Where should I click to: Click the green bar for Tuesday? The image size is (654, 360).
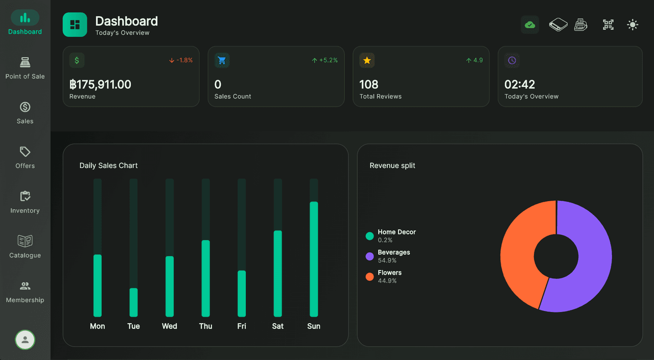[133, 302]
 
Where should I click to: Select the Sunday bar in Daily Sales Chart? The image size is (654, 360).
[314, 259]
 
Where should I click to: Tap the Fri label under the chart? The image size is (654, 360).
[242, 326]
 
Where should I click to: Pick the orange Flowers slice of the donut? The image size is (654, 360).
[521, 250]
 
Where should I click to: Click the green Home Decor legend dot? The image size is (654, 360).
[370, 236]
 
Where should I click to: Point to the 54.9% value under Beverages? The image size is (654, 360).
[387, 260]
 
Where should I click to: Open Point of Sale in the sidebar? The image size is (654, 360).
[25, 68]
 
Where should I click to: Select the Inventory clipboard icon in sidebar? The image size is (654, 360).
[25, 196]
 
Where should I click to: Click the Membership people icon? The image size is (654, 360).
[25, 286]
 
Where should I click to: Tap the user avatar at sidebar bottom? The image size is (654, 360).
[25, 340]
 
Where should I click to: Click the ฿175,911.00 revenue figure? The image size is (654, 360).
[100, 84]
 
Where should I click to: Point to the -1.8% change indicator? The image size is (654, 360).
[181, 60]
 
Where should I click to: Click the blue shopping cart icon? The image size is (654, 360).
[222, 60]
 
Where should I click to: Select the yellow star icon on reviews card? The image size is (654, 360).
[367, 60]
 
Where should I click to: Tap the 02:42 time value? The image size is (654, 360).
[520, 84]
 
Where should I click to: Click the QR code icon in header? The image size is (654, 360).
[608, 25]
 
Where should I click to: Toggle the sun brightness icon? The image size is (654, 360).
[633, 25]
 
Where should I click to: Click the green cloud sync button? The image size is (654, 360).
[530, 25]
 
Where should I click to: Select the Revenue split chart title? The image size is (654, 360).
[392, 165]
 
